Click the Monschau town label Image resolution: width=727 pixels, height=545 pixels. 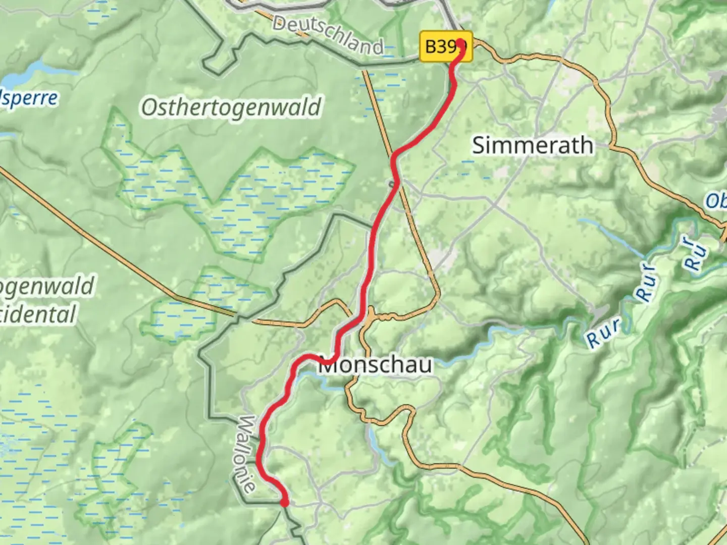(x=375, y=364)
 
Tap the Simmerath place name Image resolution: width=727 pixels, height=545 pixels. (x=532, y=145)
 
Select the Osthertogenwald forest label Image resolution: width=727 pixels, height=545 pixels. (x=231, y=107)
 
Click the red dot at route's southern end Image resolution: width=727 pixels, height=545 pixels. (x=285, y=502)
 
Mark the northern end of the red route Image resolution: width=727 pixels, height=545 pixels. (x=460, y=42)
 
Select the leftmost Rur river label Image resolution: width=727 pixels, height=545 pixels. (x=604, y=334)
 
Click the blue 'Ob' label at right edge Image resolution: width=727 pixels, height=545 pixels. (x=716, y=200)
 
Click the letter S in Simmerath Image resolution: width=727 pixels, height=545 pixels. (x=480, y=146)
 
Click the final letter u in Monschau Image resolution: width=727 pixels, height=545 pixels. (x=425, y=365)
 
